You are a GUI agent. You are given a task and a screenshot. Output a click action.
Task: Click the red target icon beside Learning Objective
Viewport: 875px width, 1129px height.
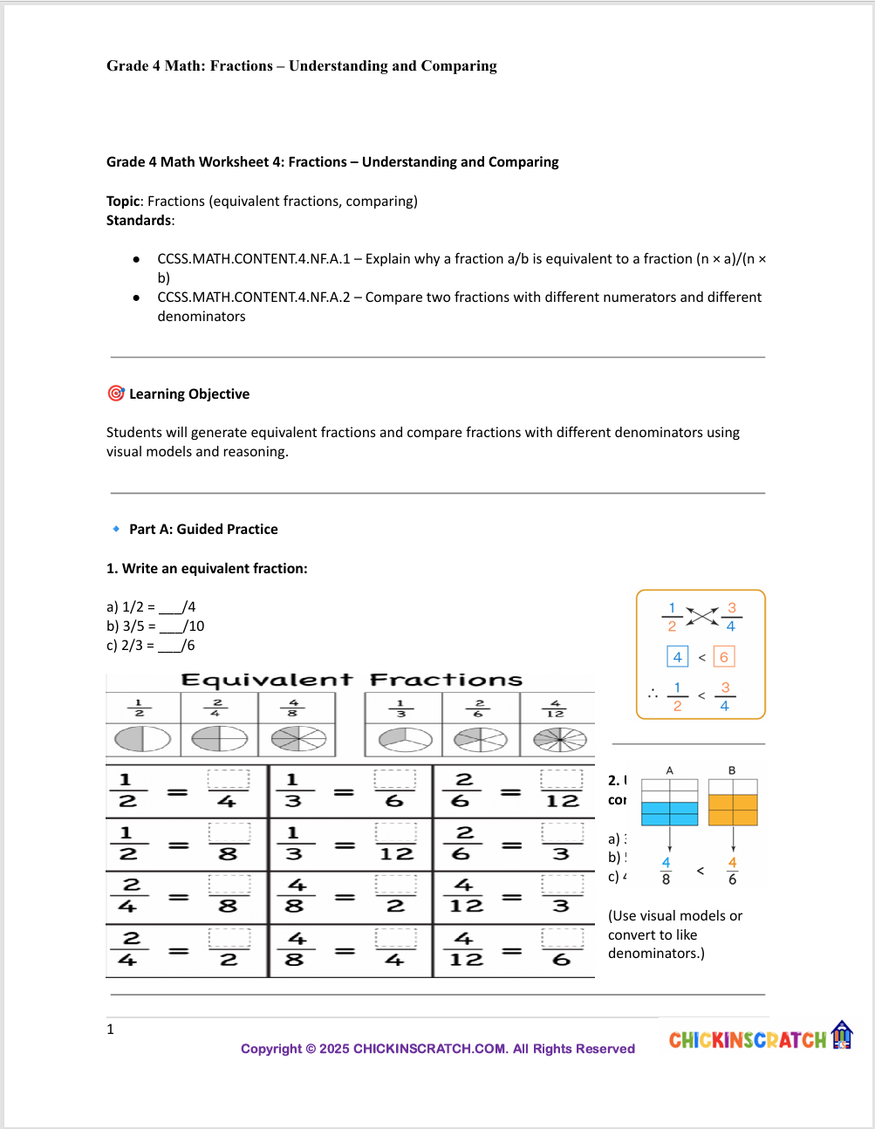[115, 393]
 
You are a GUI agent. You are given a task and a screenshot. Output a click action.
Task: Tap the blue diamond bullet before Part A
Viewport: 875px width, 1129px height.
[116, 529]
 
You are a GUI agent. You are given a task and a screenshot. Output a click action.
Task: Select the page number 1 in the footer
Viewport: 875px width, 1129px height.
[111, 1030]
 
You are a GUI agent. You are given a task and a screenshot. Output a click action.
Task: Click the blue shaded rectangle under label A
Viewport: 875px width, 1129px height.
[669, 813]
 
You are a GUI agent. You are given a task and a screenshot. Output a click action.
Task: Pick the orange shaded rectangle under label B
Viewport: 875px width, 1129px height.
[733, 810]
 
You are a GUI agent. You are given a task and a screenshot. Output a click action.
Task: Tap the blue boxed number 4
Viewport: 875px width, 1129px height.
[677, 657]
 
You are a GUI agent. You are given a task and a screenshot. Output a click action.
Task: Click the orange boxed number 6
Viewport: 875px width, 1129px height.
[723, 657]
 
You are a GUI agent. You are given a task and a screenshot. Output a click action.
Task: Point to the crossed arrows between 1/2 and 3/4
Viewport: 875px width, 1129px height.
[701, 616]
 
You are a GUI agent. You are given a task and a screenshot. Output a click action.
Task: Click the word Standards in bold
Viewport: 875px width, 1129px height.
[139, 221]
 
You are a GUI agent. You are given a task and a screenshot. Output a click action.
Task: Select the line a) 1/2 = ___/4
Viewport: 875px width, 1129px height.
[151, 607]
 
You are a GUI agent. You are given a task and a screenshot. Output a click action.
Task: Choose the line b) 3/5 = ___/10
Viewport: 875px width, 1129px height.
[155, 626]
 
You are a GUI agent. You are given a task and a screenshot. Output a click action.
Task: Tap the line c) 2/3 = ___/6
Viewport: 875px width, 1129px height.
[151, 646]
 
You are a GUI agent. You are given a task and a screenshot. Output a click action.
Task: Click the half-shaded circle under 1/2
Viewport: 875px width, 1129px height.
[142, 739]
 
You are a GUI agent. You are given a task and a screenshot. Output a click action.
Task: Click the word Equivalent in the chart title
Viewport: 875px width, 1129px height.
[266, 680]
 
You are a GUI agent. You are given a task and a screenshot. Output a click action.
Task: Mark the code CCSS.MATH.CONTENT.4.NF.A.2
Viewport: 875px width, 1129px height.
[254, 298]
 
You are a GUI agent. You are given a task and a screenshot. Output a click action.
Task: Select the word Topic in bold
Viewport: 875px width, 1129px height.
[123, 202]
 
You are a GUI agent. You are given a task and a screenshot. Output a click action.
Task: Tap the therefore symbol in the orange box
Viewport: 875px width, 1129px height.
[653, 694]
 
